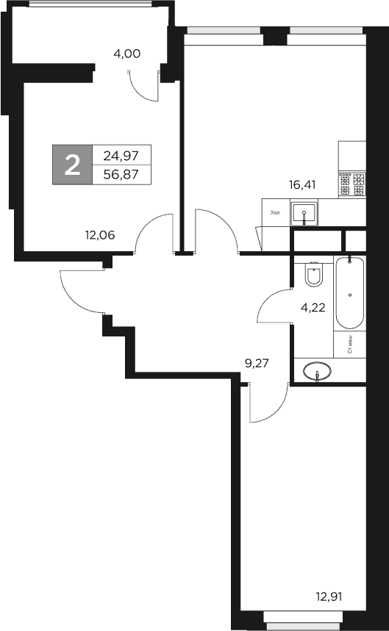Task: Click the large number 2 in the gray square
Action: pyautogui.click(x=72, y=165)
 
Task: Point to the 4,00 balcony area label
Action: pyautogui.click(x=126, y=53)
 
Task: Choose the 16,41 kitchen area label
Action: pyautogui.click(x=302, y=185)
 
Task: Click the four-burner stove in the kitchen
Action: pyautogui.click(x=351, y=184)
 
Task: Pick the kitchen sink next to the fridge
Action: pyautogui.click(x=304, y=214)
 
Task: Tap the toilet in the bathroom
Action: pyautogui.click(x=313, y=275)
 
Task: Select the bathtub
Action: pyautogui.click(x=349, y=294)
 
